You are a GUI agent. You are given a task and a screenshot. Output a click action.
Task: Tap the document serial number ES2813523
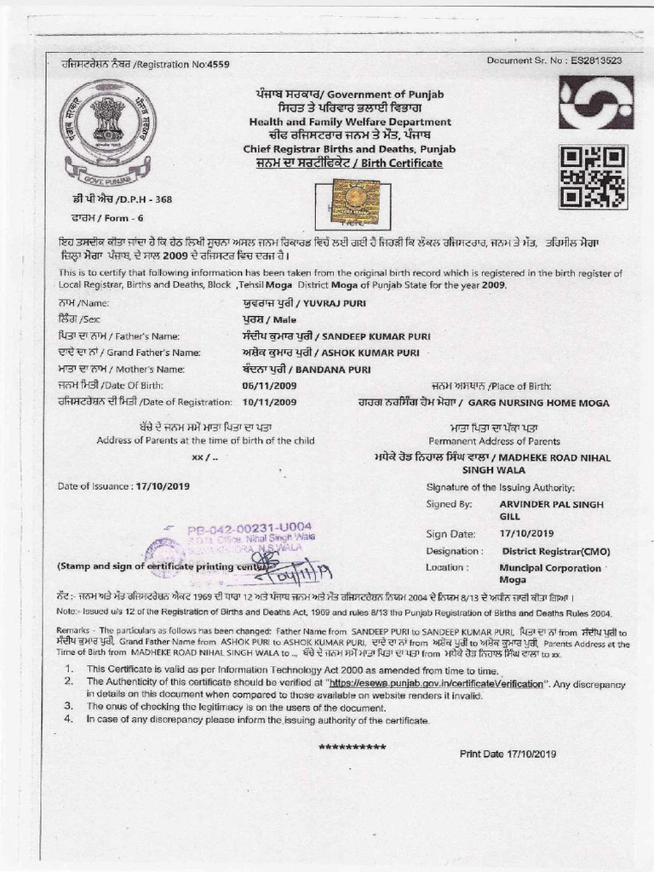[593, 60]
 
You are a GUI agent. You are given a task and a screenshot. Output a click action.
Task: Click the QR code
[593, 176]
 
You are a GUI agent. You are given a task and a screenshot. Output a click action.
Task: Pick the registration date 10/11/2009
[270, 402]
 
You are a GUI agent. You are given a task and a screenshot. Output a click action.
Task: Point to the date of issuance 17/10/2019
[163, 486]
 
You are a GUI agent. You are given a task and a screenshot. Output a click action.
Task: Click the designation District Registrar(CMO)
[551, 551]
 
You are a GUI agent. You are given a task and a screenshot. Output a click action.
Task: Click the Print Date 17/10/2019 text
[508, 754]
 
